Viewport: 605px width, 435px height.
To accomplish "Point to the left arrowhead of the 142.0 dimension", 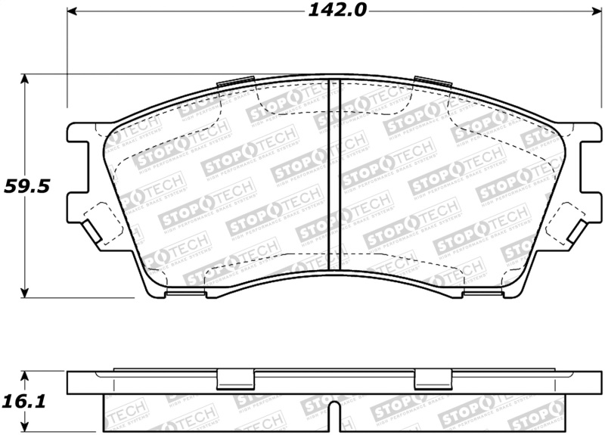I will coord(73,11).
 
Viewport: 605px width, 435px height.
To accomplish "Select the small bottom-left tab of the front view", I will coord(181,293).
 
